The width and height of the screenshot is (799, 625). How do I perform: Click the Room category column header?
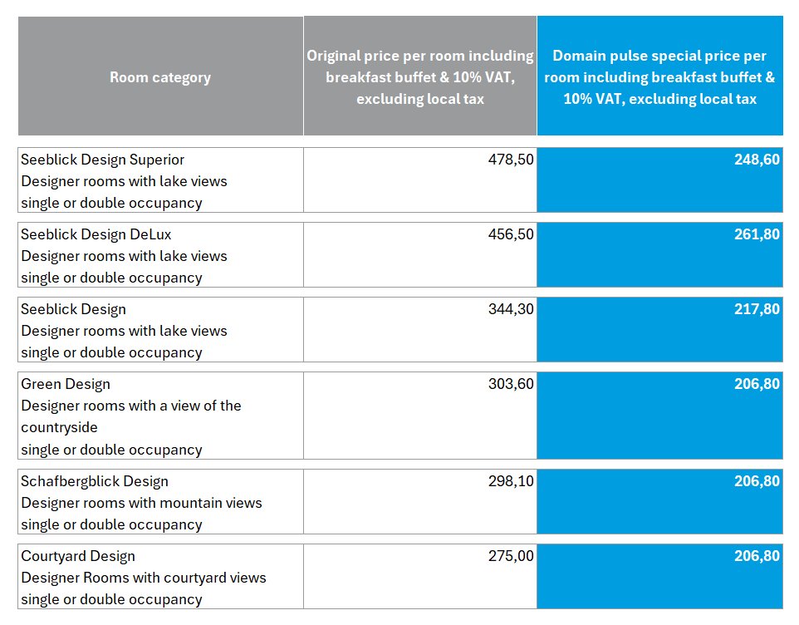[x=160, y=77]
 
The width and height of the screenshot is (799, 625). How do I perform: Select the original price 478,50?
[x=511, y=160]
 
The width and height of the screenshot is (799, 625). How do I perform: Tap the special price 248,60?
[x=757, y=160]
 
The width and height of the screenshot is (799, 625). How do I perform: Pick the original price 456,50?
[x=511, y=234]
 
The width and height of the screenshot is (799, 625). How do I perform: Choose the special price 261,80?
[x=757, y=234]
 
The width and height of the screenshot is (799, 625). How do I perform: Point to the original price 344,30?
[x=511, y=309]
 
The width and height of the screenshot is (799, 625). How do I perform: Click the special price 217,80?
[x=757, y=309]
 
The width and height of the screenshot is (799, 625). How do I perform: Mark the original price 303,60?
[x=511, y=384]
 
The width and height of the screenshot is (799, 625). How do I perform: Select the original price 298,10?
[x=511, y=481]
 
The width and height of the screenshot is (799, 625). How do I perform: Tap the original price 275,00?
[x=511, y=556]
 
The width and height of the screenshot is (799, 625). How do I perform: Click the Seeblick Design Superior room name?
[x=103, y=160]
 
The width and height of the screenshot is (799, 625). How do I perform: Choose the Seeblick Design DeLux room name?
[x=96, y=234]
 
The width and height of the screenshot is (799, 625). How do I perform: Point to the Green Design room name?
[x=66, y=384]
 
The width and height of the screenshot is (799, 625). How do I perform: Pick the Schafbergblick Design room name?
[x=95, y=481]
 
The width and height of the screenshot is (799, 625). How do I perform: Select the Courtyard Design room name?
[x=78, y=556]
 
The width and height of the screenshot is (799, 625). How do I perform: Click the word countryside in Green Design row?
[x=59, y=427]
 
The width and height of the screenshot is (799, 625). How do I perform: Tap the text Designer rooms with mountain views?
[x=141, y=503]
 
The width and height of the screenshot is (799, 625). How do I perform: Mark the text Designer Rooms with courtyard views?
[x=144, y=578]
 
